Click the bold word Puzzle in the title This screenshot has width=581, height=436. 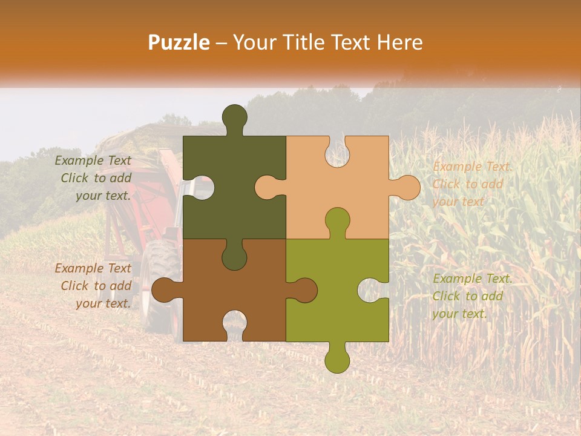(x=179, y=42)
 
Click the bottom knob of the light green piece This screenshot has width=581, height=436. (x=337, y=359)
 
